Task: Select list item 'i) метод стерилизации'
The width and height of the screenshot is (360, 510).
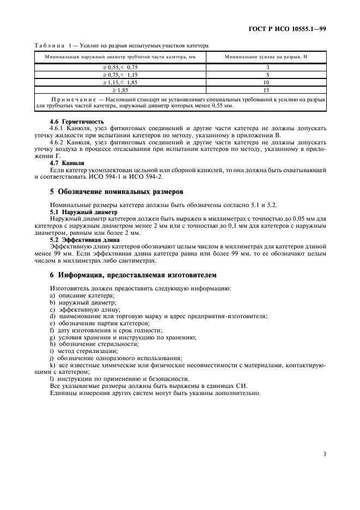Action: (81, 351)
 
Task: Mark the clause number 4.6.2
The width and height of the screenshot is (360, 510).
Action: (58, 141)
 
